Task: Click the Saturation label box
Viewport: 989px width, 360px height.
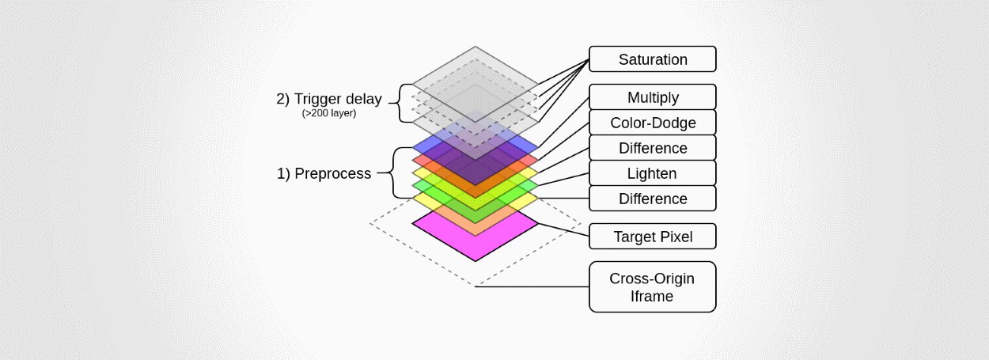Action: (x=653, y=59)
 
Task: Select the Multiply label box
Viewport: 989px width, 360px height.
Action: (x=653, y=97)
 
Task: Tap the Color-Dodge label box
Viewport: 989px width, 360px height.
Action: (x=653, y=123)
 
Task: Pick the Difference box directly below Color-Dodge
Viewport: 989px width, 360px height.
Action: (x=653, y=148)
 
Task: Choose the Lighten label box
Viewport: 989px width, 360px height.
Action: (x=653, y=173)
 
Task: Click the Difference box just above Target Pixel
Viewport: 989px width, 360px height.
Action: (x=653, y=199)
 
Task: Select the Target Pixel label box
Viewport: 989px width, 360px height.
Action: (x=653, y=237)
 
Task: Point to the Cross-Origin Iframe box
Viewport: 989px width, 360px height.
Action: (x=653, y=286)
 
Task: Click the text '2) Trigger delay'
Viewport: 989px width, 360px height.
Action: (x=329, y=98)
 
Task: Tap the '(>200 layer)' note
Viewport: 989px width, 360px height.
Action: (x=329, y=113)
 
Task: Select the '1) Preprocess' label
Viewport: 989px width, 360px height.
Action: (x=324, y=173)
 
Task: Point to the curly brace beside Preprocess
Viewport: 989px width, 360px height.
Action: (x=393, y=172)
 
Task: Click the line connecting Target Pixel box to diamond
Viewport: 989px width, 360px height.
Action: (x=564, y=229)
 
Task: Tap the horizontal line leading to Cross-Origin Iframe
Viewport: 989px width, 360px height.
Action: (x=532, y=286)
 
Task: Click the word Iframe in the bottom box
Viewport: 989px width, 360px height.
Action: (x=652, y=296)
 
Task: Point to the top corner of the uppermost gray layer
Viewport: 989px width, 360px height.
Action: (x=475, y=47)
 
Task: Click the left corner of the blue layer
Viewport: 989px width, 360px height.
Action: (x=412, y=147)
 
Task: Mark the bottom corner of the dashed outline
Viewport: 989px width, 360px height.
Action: (x=475, y=286)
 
